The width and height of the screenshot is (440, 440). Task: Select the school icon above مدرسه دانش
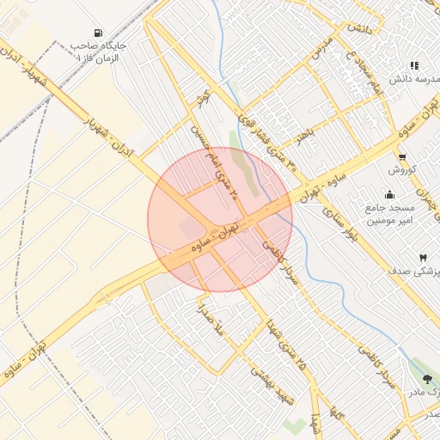coord(414,65)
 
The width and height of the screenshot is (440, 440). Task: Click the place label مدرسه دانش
coord(415,79)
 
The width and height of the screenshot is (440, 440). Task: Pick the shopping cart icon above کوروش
coord(402,156)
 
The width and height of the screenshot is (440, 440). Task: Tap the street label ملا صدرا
coord(209,318)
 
